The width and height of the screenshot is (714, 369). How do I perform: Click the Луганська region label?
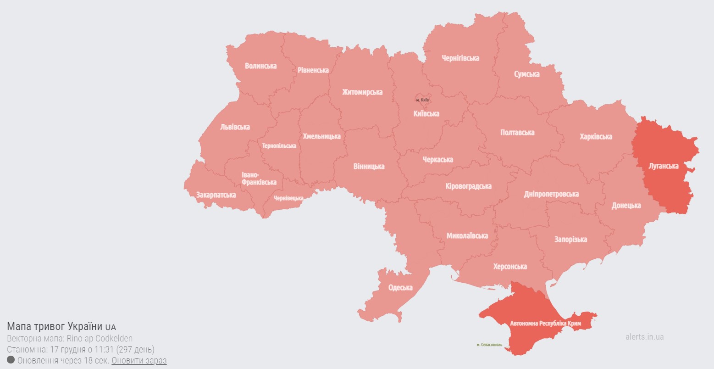(x=663, y=166)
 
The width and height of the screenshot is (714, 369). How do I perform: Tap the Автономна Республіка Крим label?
(x=545, y=324)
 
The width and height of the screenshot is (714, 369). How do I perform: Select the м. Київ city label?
(x=422, y=100)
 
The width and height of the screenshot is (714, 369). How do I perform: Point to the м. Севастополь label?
(x=489, y=345)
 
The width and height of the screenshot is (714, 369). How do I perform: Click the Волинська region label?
(x=260, y=66)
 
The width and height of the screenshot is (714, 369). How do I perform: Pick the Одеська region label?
(x=400, y=288)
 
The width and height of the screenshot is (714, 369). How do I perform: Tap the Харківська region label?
(x=595, y=137)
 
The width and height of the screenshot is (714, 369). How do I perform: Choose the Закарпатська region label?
(x=216, y=195)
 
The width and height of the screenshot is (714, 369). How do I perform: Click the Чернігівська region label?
(x=460, y=58)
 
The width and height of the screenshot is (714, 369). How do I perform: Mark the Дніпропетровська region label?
(x=551, y=194)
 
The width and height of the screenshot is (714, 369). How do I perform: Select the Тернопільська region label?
(x=279, y=146)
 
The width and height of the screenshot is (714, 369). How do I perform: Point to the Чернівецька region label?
(x=288, y=198)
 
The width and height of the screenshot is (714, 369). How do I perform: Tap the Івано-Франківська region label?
(x=259, y=179)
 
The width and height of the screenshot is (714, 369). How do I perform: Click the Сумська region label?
(x=526, y=74)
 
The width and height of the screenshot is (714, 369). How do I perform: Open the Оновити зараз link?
(x=139, y=360)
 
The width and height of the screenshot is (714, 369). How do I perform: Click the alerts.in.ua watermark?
(x=644, y=337)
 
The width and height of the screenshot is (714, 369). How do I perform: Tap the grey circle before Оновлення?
(x=11, y=360)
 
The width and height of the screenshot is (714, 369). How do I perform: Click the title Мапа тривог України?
(x=55, y=327)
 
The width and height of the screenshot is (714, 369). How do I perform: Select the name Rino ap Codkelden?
(x=100, y=339)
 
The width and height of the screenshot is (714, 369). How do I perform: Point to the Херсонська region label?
(x=510, y=267)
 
